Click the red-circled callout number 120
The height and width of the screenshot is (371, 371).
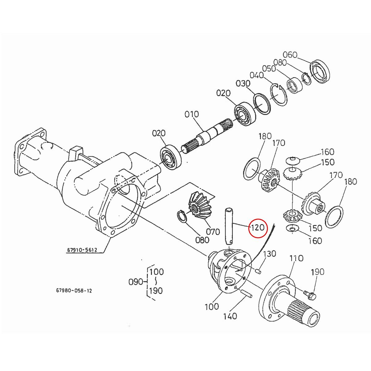coord(258,228)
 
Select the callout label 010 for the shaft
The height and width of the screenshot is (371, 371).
coord(192,114)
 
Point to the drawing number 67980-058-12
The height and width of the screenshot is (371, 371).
coord(74,291)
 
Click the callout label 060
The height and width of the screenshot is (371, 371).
coord(290,55)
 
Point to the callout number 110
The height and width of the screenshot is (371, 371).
coord(296,258)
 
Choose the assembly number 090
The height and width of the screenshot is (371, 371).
coord(135,282)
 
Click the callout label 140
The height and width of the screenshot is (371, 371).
coord(230,316)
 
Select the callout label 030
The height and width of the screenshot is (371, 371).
coord(243,83)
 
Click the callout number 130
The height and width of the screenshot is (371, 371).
coord(269,254)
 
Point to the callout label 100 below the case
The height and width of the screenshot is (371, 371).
coord(212,307)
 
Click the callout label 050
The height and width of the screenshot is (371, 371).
coord(269,68)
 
